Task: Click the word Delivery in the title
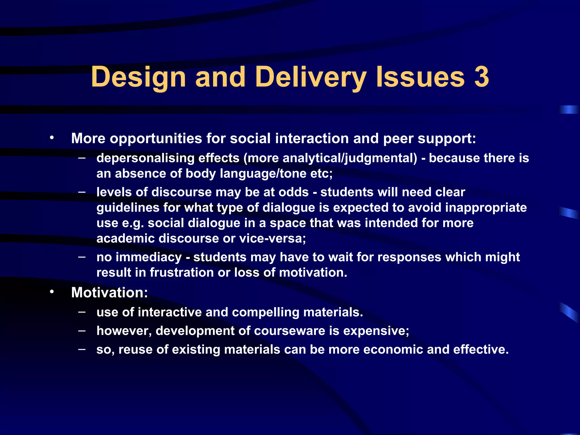pos(311,77)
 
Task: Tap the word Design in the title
pos(138,77)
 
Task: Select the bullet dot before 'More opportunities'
pos(52,138)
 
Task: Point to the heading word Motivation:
pos(109,292)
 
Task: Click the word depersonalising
pos(145,158)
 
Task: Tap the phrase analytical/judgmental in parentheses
pos(350,158)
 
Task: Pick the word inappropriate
pos(486,208)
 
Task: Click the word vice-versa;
pos(272,238)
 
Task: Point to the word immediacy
pos(149,257)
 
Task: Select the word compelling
pos(265,312)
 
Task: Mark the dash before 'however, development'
pos(82,330)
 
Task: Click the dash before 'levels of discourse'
pos(82,192)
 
